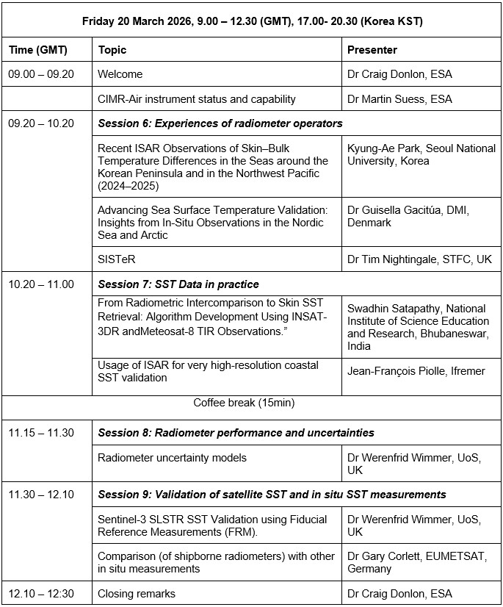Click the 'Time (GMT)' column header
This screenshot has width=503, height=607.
point(38,50)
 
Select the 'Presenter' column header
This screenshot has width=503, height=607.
point(372,50)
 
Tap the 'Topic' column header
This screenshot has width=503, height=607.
point(112,50)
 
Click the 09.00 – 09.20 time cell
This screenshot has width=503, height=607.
point(41,74)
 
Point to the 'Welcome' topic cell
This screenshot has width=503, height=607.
point(120,74)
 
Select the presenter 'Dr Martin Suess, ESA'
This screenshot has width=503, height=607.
point(399,98)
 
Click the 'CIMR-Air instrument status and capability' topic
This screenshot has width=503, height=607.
point(197,98)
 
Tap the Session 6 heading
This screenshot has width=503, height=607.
point(220,123)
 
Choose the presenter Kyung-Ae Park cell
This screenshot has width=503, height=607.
point(421,154)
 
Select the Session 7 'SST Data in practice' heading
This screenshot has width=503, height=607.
point(178,284)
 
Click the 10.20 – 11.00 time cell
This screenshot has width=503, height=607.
point(41,284)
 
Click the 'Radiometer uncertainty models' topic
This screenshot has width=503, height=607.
point(173,458)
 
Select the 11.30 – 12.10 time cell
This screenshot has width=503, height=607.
point(41,495)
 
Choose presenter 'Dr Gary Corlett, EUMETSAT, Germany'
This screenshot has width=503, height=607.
point(416,562)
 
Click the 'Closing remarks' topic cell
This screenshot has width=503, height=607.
point(137,593)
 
